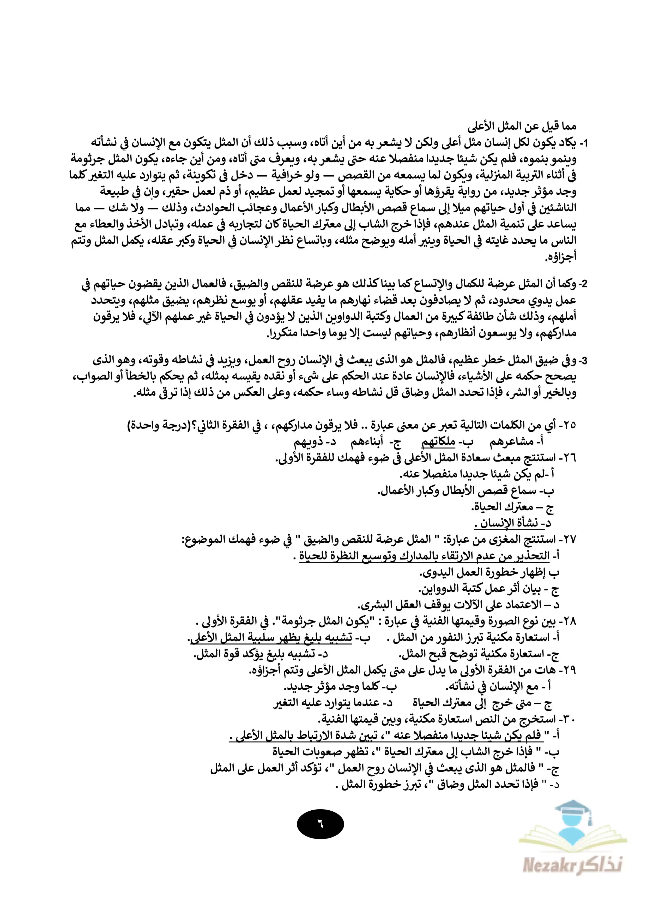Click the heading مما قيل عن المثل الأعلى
click(522, 127)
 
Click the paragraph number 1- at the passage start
click(582, 143)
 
